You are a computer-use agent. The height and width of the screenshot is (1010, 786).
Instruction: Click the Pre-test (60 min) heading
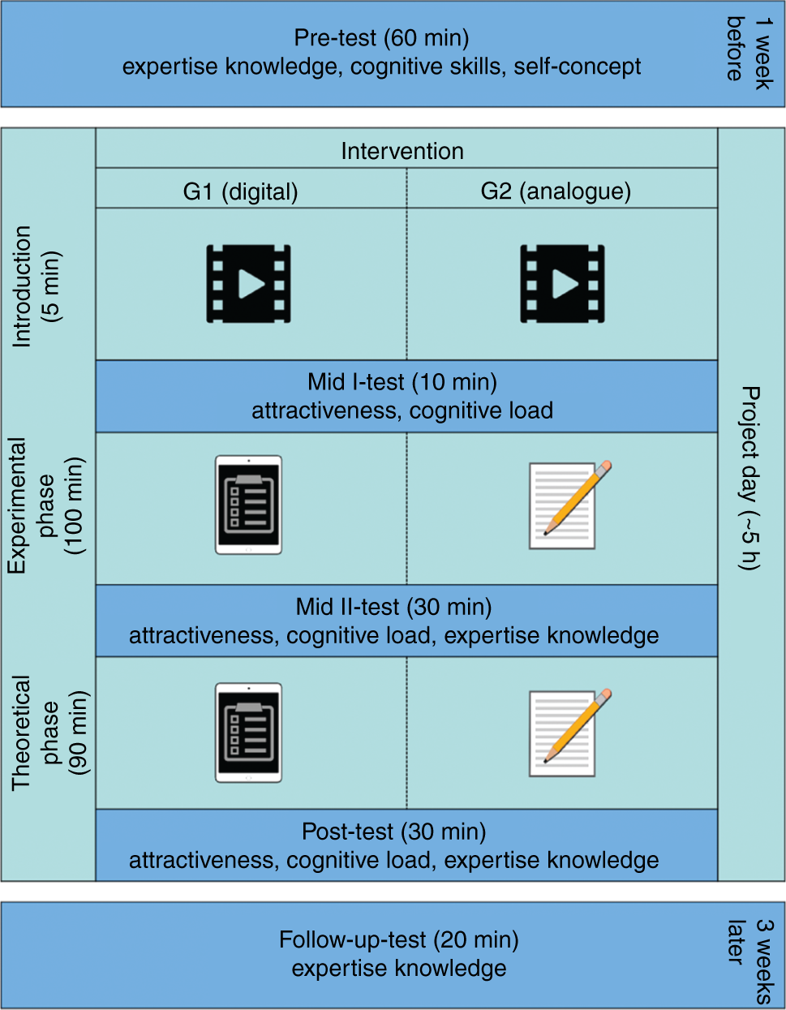[x=381, y=38]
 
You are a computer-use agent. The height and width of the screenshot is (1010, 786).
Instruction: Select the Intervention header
[x=402, y=152]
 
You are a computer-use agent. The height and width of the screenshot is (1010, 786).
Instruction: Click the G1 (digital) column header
[x=241, y=192]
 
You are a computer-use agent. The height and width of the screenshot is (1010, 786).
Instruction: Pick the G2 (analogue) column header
[x=556, y=191]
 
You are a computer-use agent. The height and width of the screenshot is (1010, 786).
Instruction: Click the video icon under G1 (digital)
[x=248, y=284]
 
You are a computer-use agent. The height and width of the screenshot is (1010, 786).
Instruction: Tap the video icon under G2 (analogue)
[x=562, y=284]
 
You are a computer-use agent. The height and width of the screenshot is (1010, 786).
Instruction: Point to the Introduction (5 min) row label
[x=37, y=286]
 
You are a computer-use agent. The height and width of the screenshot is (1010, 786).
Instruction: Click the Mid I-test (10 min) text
[x=402, y=382]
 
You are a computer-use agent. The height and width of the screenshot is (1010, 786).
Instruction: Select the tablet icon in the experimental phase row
[x=248, y=505]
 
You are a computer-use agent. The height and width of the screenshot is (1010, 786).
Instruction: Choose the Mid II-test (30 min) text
[x=393, y=607]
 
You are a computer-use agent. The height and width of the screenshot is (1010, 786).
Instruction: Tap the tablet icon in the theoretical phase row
[x=248, y=733]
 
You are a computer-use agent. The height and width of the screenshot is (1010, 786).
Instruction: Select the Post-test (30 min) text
[x=393, y=832]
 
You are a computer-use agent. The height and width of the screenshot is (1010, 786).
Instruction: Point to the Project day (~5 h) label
[x=751, y=478]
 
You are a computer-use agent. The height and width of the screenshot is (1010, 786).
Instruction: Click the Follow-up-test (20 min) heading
[x=398, y=939]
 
